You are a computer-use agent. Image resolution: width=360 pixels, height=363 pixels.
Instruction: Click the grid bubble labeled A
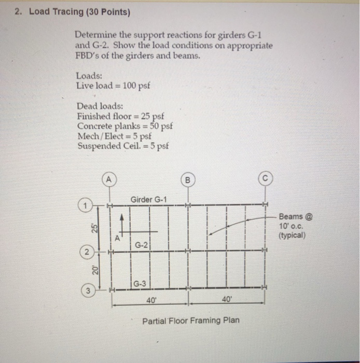pos(109,180)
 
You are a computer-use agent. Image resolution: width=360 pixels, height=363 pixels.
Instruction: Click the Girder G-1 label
pos(149,200)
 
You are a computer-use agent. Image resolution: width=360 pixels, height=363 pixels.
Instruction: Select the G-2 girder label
pos(142,243)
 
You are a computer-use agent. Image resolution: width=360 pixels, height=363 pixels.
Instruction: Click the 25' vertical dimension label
pos(95,229)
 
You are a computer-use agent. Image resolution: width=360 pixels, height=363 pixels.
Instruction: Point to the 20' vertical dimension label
pos(95,270)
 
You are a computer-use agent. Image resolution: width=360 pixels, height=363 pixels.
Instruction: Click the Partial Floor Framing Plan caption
pos(191,320)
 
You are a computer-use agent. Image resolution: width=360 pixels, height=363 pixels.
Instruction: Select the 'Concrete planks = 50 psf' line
pos(124,126)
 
